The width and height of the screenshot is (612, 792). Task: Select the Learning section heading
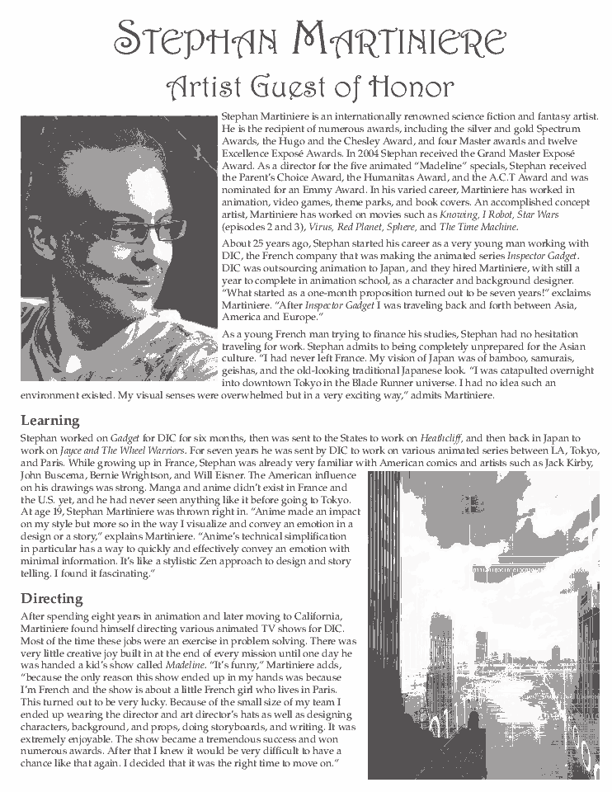pyautogui.click(x=50, y=420)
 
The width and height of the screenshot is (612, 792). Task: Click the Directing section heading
pyautogui.click(x=52, y=598)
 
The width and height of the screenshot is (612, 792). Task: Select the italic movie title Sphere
pyautogui.click(x=401, y=226)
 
